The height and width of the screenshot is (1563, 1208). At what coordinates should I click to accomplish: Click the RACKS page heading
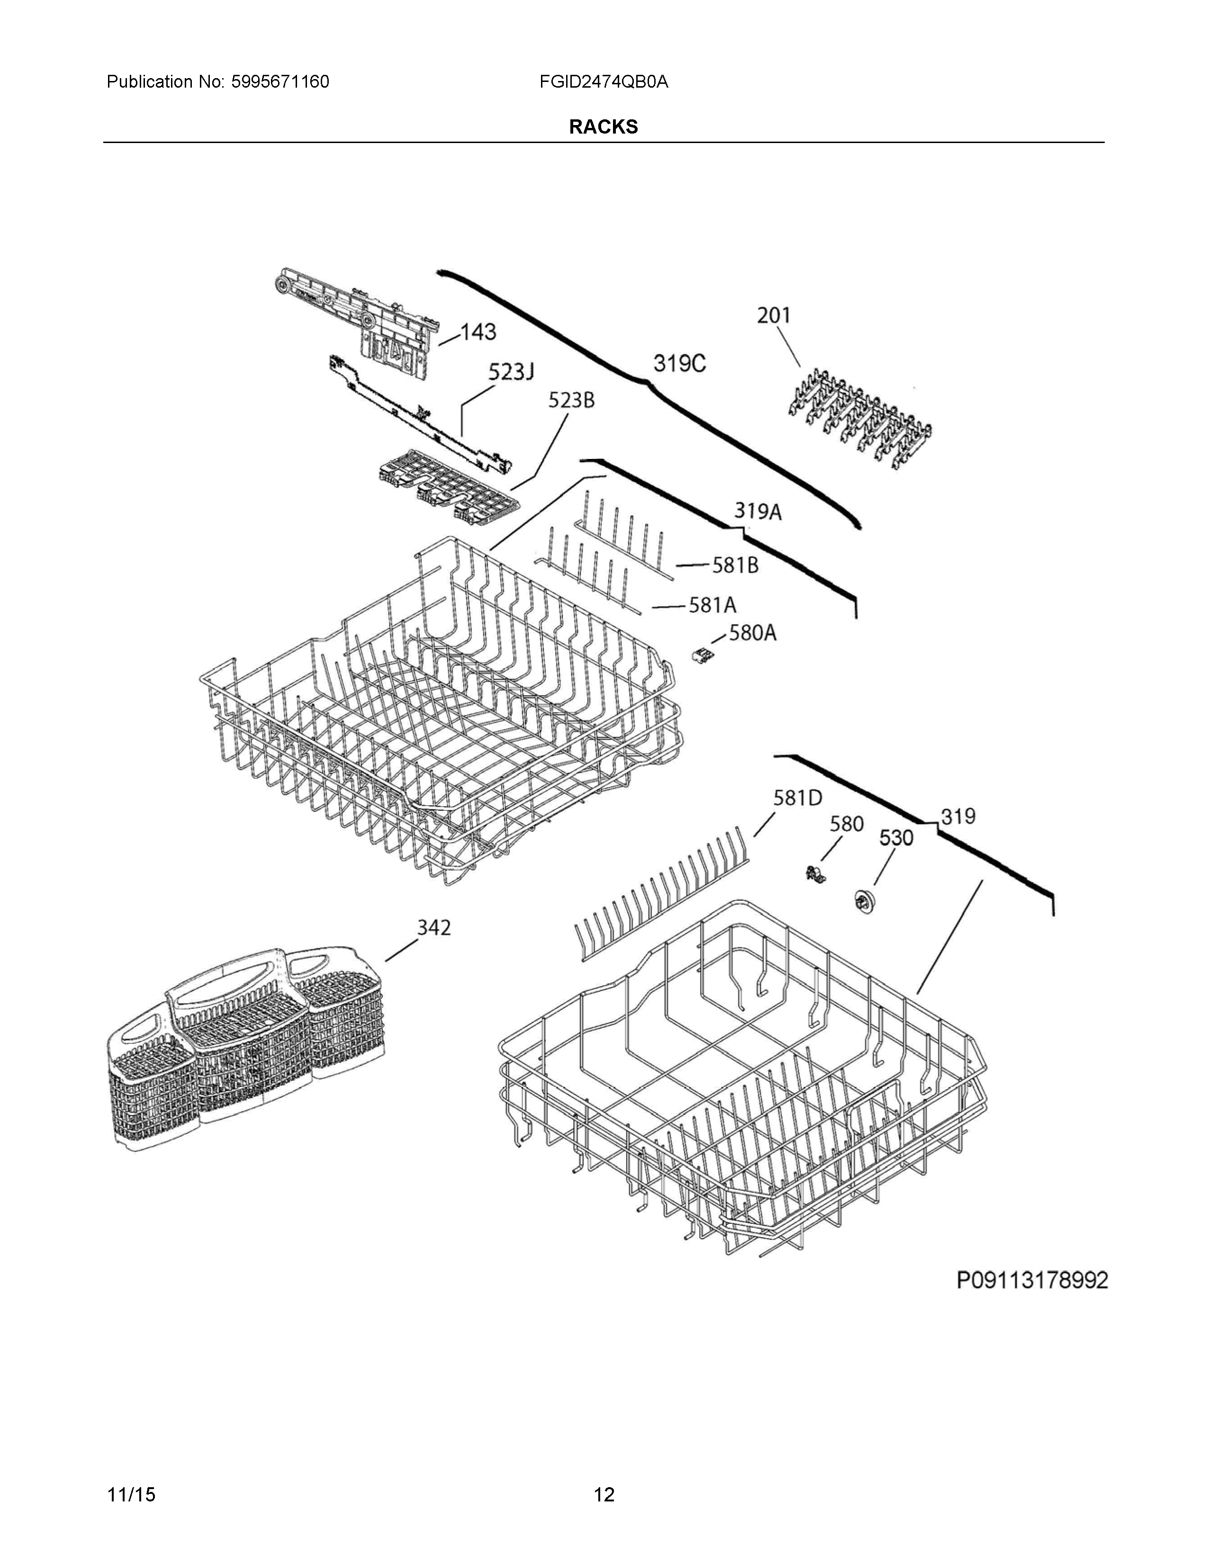pos(603,126)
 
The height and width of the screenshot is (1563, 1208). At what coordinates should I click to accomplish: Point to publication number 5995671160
pos(280,81)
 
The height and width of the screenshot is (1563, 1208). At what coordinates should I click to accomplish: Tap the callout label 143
pos(478,332)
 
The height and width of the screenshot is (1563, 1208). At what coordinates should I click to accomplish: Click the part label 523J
pos(511,372)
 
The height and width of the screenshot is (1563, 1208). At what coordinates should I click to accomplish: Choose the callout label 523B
pos(571,401)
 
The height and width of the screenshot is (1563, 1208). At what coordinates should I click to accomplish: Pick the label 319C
pos(679,364)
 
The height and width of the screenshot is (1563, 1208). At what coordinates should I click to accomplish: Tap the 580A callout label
pos(752,633)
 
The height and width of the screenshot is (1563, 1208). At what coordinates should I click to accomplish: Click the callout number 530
pos(896,838)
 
